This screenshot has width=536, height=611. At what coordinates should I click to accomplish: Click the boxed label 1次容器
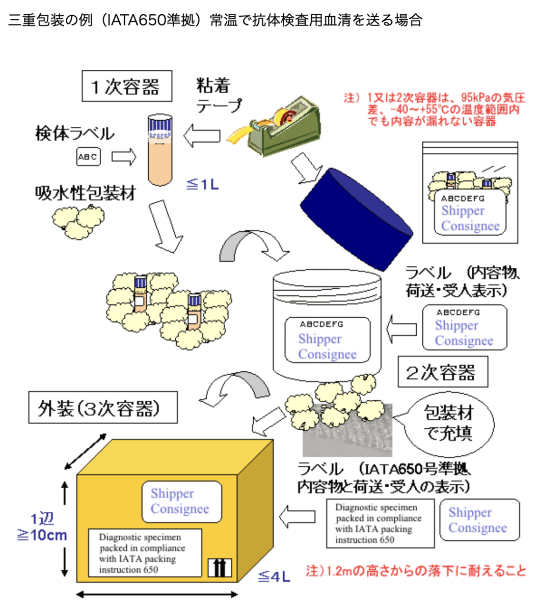pos(127,86)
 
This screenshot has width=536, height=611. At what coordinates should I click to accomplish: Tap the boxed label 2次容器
pos(442,372)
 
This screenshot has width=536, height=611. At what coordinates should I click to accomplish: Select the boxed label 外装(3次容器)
pos(103,407)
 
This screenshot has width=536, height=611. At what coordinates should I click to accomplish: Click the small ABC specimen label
pos(88,156)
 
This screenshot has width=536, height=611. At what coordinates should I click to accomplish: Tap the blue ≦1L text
pos(202,184)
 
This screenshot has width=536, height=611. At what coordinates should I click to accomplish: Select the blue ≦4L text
pos(274,576)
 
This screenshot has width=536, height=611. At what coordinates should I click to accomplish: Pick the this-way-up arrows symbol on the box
pos(220,568)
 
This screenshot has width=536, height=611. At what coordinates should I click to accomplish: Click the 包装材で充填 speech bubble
pos(448,424)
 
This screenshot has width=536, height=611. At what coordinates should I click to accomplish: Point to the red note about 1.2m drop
pos(416,571)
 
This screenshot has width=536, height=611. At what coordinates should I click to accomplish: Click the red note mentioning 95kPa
pos(435,109)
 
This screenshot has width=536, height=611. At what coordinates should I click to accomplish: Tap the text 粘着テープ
pos(219,95)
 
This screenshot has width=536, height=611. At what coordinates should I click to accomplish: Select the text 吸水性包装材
pos(86,193)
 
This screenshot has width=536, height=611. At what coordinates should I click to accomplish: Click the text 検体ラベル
pos(75,133)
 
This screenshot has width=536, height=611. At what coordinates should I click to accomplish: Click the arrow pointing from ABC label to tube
pos(124,157)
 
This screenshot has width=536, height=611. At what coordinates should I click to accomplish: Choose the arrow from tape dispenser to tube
pos(202,135)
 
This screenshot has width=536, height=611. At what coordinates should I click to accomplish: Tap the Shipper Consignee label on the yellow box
pos(182,502)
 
